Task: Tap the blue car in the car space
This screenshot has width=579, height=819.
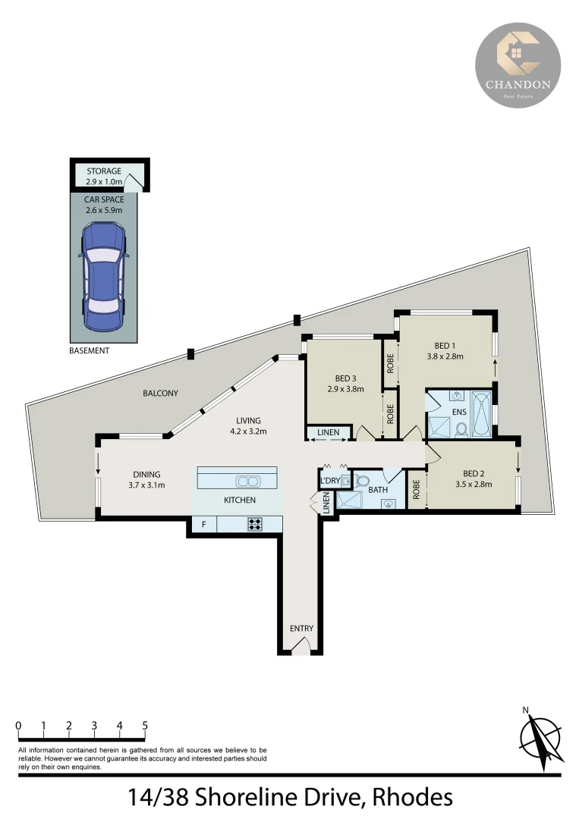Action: tap(102, 277)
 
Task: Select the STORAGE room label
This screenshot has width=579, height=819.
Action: tap(103, 171)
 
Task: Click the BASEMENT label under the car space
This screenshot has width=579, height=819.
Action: tap(89, 351)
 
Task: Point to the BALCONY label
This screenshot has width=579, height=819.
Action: tap(160, 393)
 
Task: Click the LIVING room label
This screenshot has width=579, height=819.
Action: tap(248, 420)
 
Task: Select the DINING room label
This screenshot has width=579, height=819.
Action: tap(146, 475)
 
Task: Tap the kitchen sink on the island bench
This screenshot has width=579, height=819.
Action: tap(247, 481)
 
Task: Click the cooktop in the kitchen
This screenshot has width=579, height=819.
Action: tap(253, 523)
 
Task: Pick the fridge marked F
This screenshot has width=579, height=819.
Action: tap(203, 523)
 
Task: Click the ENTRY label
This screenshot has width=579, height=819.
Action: tap(301, 629)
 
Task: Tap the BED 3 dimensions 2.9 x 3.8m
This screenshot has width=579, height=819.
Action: tap(345, 389)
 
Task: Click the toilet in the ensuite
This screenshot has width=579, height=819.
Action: tap(460, 428)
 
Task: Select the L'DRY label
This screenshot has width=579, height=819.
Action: tap(330, 481)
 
